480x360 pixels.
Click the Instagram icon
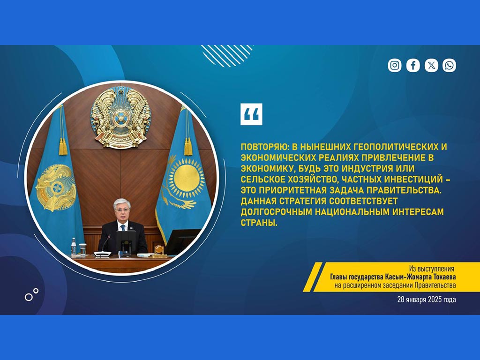pyautogui.click(x=395, y=65)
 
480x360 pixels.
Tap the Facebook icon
pyautogui.click(x=413, y=65)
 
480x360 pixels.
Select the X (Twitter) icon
pyautogui.click(x=431, y=65)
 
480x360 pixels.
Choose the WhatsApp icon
pyautogui.click(x=449, y=65)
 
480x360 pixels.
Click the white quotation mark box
pyautogui.click(x=251, y=114)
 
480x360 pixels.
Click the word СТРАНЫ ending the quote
pyautogui.click(x=259, y=223)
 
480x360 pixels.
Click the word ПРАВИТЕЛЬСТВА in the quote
pyautogui.click(x=404, y=190)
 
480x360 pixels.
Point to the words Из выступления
pyautogui.click(x=432, y=269)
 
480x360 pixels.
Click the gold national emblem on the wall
pyautogui.click(x=120, y=118)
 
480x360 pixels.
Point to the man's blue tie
pyautogui.click(x=123, y=228)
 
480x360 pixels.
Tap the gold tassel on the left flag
pyautogui.click(x=63, y=146)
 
